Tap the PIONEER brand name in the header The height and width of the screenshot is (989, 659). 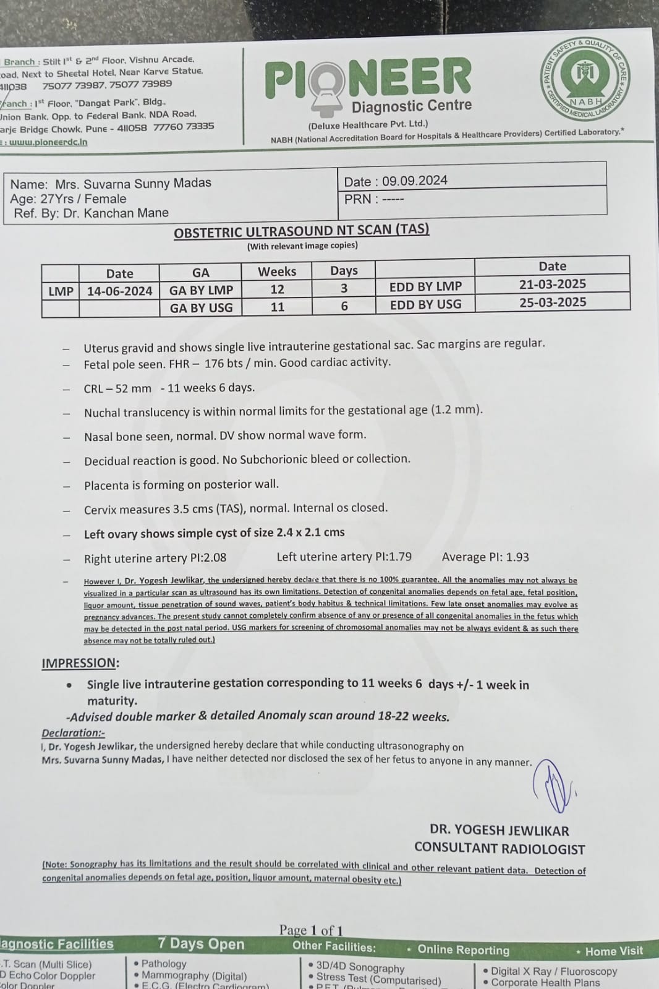(368, 79)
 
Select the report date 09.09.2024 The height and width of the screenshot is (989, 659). (414, 181)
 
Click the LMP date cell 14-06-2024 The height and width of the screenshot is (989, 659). (119, 291)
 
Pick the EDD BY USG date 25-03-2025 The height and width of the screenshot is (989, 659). (552, 302)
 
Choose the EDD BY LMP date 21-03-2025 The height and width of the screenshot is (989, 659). (552, 284)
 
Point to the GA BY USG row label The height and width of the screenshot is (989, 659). (201, 307)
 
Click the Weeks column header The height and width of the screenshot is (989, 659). (277, 272)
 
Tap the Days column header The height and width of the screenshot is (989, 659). (344, 270)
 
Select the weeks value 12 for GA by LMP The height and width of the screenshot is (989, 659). (277, 289)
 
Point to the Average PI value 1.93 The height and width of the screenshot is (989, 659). (517, 557)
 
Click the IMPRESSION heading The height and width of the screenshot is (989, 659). (80, 663)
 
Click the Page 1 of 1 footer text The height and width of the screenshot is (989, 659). (311, 930)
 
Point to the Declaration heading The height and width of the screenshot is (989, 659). (73, 732)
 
